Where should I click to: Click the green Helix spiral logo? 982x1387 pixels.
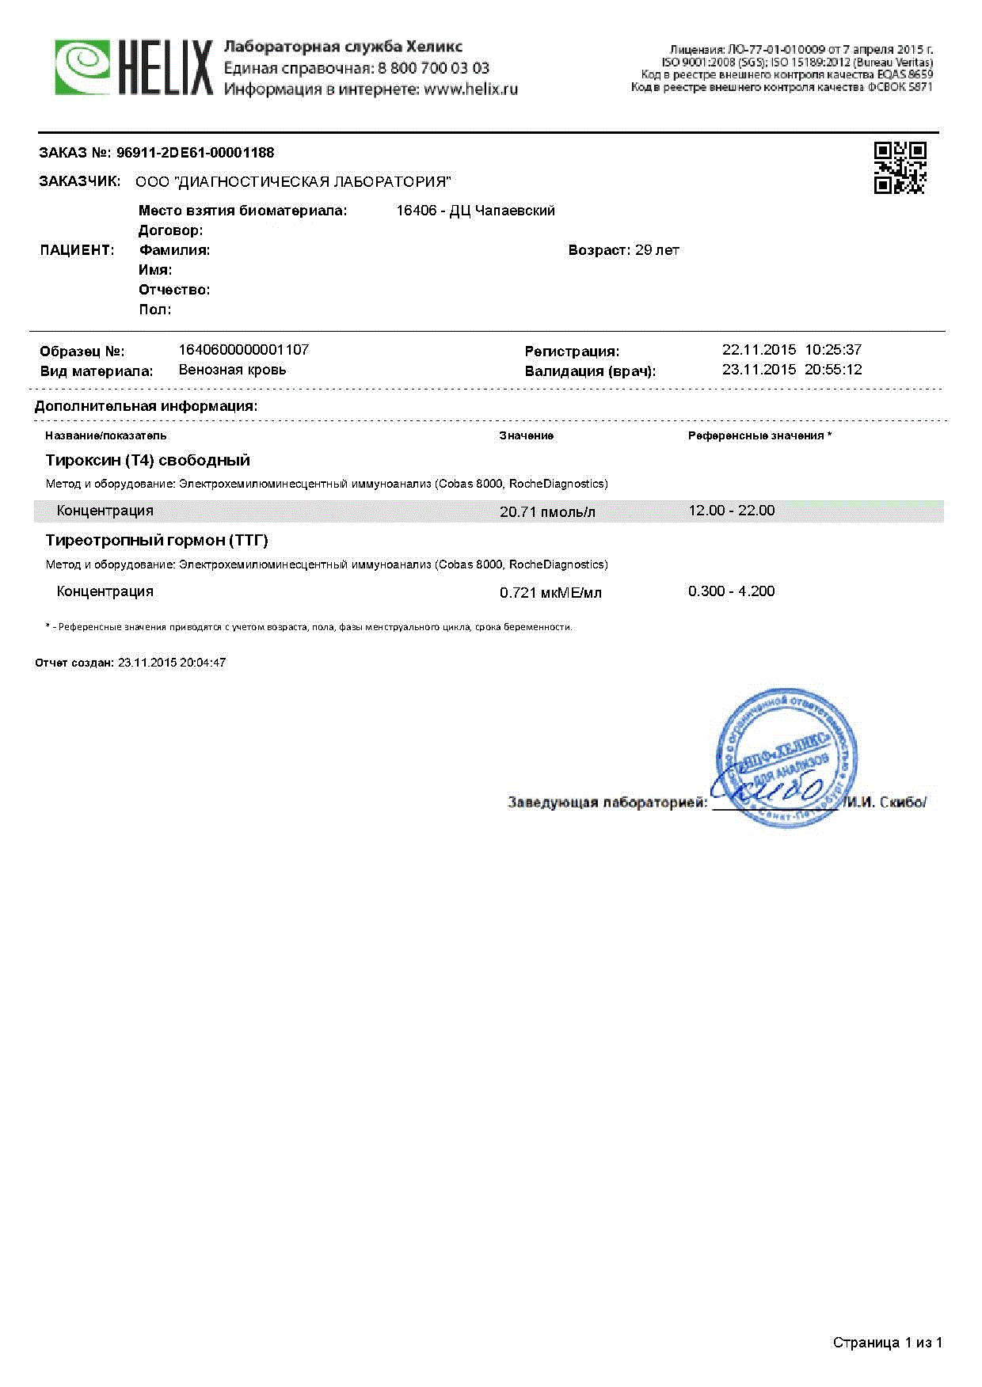pyautogui.click(x=82, y=68)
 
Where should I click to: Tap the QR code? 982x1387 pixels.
pyautogui.click(x=900, y=168)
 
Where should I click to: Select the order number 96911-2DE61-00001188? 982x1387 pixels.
pyautogui.click(x=195, y=153)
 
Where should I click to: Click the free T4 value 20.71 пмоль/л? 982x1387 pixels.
pyautogui.click(x=547, y=512)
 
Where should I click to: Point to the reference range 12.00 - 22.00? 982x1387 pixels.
pyautogui.click(x=731, y=511)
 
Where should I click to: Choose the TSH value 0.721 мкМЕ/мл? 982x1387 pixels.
pyautogui.click(x=550, y=593)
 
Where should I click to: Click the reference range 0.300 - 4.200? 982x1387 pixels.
pyautogui.click(x=731, y=591)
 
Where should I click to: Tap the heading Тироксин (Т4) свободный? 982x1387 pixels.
pyautogui.click(x=147, y=460)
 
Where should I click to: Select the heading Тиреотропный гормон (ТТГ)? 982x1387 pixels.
pyautogui.click(x=157, y=541)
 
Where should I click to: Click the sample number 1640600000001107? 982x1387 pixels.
pyautogui.click(x=243, y=350)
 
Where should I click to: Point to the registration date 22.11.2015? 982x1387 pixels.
pyautogui.click(x=759, y=350)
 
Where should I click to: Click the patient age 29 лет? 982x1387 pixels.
pyautogui.click(x=657, y=250)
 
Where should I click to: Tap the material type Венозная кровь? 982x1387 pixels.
pyautogui.click(x=232, y=370)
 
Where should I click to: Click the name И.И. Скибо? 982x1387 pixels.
pyautogui.click(x=885, y=803)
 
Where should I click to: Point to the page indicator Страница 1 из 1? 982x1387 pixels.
pyautogui.click(x=887, y=1343)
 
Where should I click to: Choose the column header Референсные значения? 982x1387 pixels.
pyautogui.click(x=756, y=436)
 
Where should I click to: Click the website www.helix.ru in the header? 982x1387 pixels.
pyautogui.click(x=470, y=89)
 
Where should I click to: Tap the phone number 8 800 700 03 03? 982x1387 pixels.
pyautogui.click(x=433, y=68)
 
